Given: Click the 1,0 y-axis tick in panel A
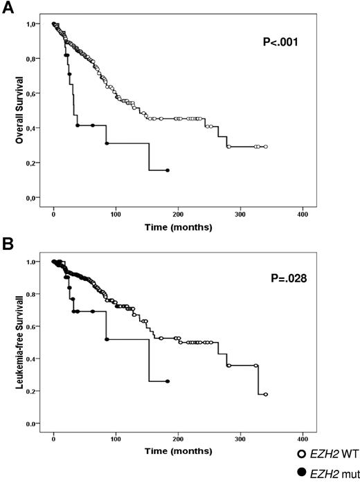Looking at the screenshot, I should [x=33, y=24].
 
